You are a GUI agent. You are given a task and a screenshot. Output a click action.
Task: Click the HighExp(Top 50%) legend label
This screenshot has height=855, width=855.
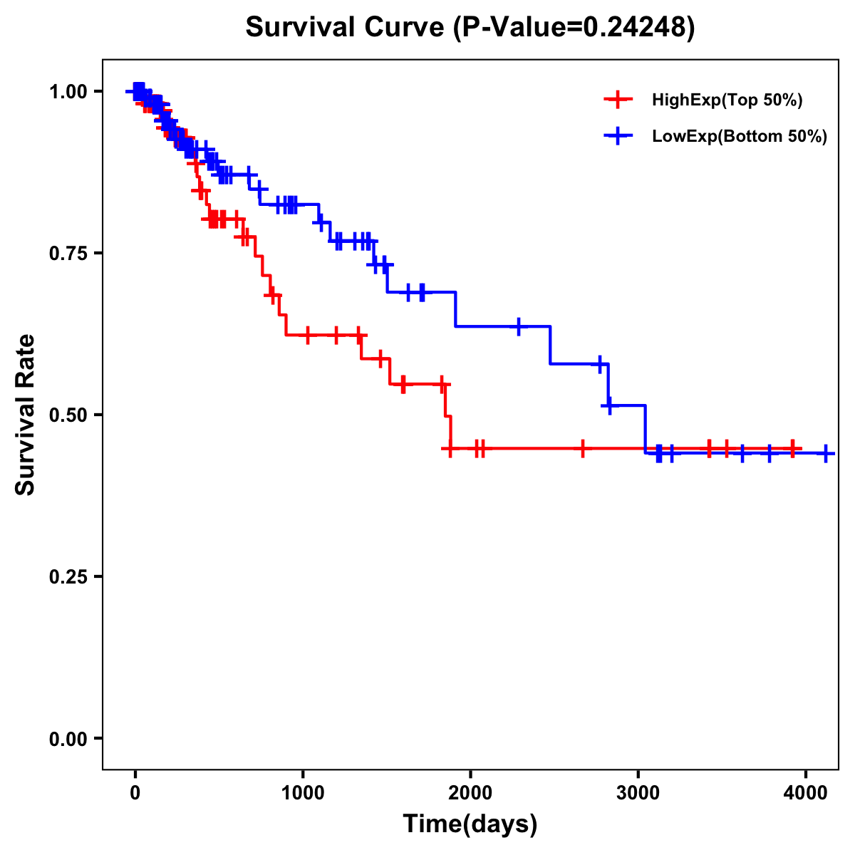click(727, 100)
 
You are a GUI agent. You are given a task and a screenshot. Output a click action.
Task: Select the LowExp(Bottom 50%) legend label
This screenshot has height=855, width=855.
click(740, 137)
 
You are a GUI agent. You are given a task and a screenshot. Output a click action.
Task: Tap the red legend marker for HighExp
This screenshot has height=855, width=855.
click(618, 100)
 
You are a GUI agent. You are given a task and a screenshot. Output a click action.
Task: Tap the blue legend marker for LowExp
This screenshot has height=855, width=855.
click(618, 136)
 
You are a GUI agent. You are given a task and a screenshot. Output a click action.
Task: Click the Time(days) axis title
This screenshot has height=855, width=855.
click(470, 824)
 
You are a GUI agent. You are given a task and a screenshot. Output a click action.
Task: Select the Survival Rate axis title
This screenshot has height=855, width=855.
click(26, 414)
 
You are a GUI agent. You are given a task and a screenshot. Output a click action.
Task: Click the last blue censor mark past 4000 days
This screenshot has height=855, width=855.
click(826, 453)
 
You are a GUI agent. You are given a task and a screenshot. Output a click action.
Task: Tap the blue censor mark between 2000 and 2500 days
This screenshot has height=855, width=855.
click(518, 326)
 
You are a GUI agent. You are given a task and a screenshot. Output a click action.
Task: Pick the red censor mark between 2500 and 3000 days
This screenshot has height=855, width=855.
click(583, 449)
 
